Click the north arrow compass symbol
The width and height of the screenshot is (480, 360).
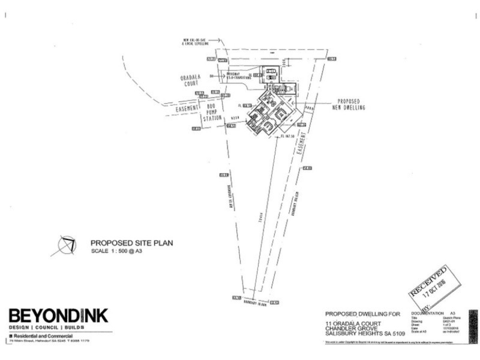66,245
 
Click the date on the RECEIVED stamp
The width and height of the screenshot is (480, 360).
434,286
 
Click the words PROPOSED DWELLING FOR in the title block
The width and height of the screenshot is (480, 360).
362,314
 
